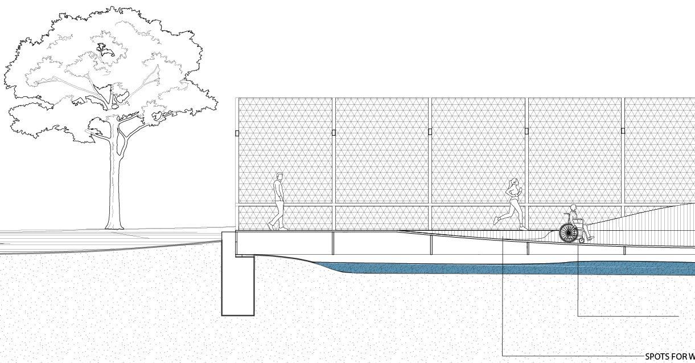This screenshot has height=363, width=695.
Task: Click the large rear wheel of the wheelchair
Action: pos(568,232)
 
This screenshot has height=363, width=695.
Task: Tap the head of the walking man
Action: pos(279,176)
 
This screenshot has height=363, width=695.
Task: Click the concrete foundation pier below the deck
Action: pos(238,285)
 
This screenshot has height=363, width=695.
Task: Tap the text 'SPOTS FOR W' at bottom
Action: pos(669,357)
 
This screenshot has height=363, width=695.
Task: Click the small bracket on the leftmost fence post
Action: pos(237,133)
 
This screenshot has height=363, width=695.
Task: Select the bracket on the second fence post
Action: pos(334,133)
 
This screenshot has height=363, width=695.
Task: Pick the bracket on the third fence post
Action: pos(430,132)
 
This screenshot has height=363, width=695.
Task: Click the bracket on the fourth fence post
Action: pos(527,131)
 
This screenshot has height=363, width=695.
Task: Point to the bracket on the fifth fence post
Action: pos(623,130)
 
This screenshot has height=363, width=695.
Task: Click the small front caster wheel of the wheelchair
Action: pos(582,240)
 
